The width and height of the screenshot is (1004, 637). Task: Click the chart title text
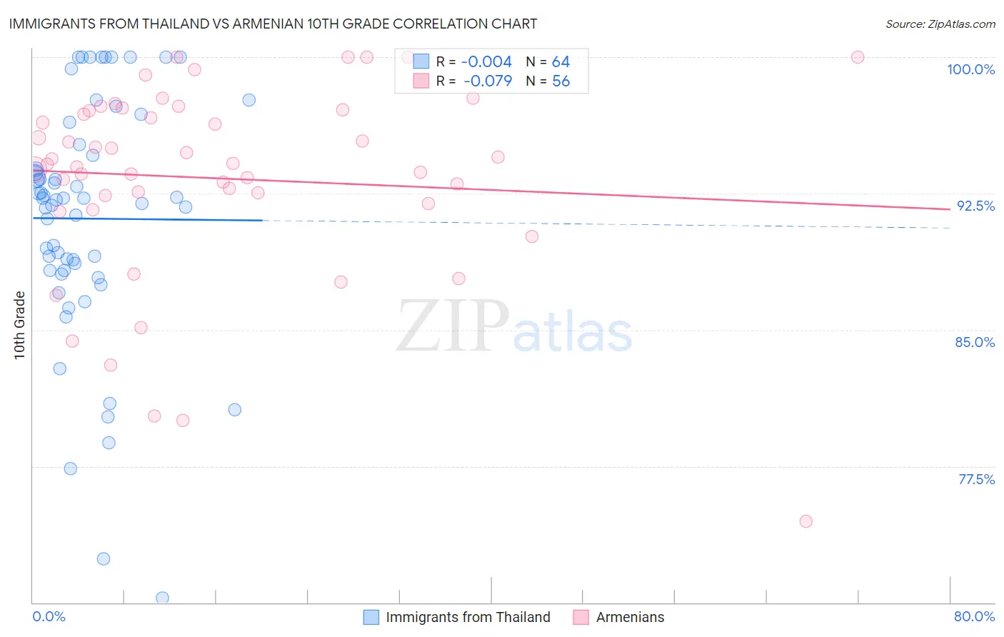[272, 24]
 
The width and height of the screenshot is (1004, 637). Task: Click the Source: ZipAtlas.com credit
[940, 24]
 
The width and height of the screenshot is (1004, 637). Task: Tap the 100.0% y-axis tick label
[970, 69]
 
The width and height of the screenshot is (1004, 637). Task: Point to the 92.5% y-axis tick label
[975, 206]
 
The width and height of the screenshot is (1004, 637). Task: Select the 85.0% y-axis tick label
[975, 342]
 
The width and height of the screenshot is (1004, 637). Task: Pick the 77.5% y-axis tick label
[976, 479]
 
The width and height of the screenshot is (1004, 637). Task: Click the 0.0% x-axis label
[49, 616]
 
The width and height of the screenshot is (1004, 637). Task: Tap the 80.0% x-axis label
[974, 616]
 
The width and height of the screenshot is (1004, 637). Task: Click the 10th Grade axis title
[20, 325]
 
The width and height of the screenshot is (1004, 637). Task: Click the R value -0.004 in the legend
[486, 62]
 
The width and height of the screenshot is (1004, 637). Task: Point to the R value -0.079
[488, 81]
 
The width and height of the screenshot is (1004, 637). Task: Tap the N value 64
[561, 62]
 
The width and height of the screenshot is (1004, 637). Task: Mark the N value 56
[561, 81]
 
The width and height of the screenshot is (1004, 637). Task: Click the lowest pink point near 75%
[805, 521]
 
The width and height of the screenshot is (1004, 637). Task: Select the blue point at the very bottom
[162, 598]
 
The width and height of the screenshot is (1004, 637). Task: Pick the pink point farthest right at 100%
[858, 57]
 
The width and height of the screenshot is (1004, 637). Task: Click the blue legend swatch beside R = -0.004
[421, 62]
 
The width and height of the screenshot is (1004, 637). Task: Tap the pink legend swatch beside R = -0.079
[421, 81]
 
